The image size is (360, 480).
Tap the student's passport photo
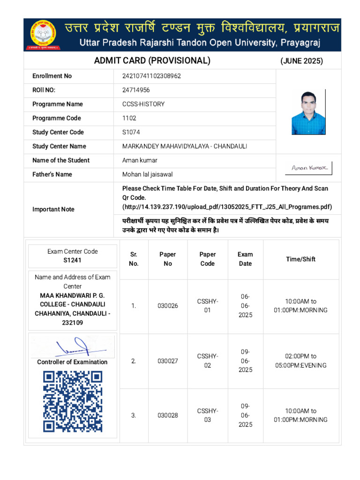pyautogui.click(x=308, y=112)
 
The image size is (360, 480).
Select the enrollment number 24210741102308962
pyautogui.click(x=151, y=76)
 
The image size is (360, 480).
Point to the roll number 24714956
pyautogui.click(x=136, y=90)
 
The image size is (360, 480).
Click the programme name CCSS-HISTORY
pyautogui.click(x=143, y=104)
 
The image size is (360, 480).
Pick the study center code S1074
pyautogui.click(x=131, y=132)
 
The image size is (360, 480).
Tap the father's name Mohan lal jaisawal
pyautogui.click(x=147, y=174)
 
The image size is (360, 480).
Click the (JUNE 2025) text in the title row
pyautogui.click(x=301, y=61)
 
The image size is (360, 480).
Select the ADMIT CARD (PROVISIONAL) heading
pyautogui.click(x=152, y=60)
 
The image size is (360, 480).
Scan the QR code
pyautogui.click(x=73, y=401)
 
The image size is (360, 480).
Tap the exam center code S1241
pyautogui.click(x=73, y=260)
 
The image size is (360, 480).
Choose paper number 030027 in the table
pyautogui.click(x=167, y=361)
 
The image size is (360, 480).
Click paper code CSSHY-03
pyautogui.click(x=207, y=415)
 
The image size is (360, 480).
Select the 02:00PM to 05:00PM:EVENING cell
pyautogui.click(x=300, y=361)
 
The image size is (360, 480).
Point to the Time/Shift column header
pyautogui.click(x=300, y=259)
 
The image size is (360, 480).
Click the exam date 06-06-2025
pyautogui.click(x=245, y=306)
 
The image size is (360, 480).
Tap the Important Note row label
pyautogui.click(x=53, y=210)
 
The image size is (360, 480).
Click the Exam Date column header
pyautogui.click(x=245, y=259)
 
